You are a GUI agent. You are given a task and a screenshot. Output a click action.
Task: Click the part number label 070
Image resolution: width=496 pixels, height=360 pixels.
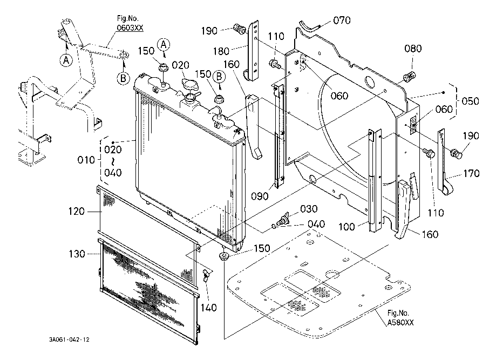[x=342, y=21]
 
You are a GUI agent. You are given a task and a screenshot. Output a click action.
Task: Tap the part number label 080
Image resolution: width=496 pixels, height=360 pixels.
[x=413, y=49]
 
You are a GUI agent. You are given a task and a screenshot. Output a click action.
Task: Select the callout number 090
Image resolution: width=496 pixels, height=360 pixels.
[x=260, y=196]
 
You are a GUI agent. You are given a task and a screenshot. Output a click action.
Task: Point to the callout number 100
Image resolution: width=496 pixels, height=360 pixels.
[x=346, y=227]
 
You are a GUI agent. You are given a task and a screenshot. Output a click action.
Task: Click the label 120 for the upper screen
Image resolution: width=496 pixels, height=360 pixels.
[x=76, y=212]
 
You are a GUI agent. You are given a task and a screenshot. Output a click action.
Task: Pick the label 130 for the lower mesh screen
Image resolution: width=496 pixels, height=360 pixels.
[x=77, y=254]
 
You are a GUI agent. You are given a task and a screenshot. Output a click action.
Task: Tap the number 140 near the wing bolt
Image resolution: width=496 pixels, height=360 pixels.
[x=209, y=308]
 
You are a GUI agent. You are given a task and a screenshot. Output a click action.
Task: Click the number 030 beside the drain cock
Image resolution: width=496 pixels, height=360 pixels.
[x=309, y=209]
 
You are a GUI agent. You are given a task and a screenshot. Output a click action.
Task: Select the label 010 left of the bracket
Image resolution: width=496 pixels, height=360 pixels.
[x=86, y=160]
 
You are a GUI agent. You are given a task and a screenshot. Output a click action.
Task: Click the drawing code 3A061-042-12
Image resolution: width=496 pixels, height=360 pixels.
[x=69, y=339]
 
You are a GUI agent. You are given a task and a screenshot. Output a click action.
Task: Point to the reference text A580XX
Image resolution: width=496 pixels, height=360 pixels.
[x=400, y=323]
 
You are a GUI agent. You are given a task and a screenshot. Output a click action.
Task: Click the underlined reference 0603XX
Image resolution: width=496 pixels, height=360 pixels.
[x=130, y=28]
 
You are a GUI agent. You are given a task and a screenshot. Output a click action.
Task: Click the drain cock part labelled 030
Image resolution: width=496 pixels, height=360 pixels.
[x=283, y=219]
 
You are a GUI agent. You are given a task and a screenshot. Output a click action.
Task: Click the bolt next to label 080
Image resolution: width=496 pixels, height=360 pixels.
[x=409, y=77]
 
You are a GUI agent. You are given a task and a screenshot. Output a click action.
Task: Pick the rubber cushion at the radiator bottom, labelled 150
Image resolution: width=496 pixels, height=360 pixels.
[x=224, y=256]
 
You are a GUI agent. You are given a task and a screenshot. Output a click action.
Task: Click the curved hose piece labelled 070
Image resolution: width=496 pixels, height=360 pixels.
[x=310, y=25]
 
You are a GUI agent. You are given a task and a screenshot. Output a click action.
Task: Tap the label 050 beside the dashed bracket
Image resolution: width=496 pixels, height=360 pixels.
[x=471, y=101]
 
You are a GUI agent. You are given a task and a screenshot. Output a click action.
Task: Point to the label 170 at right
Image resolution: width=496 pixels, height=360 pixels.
[x=471, y=173]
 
